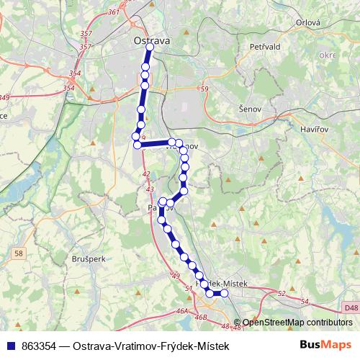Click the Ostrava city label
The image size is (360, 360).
point(152,42)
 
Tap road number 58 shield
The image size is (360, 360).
point(19,253)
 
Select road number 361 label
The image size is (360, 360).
point(113,13)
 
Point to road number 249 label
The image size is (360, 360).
point(5,97)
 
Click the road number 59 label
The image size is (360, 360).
point(204,89)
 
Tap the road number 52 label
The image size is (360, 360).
point(281,293)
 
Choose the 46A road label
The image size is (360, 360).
point(182,311)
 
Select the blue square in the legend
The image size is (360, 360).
point(11,346)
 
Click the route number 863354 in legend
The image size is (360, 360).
point(40,346)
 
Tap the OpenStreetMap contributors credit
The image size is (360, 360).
point(297,323)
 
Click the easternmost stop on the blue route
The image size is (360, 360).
point(224,293)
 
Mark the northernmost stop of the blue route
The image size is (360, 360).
point(150,50)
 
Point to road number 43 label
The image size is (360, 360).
point(150,189)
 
